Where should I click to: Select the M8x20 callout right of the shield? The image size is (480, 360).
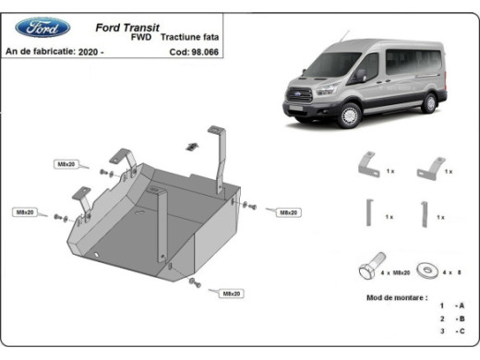[x=287, y=212]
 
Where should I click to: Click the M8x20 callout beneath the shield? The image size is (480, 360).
[x=231, y=294]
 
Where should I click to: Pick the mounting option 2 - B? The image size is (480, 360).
[x=451, y=318]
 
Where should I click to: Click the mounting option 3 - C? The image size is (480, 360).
[x=451, y=330]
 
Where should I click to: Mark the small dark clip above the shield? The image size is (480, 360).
[x=193, y=145]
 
